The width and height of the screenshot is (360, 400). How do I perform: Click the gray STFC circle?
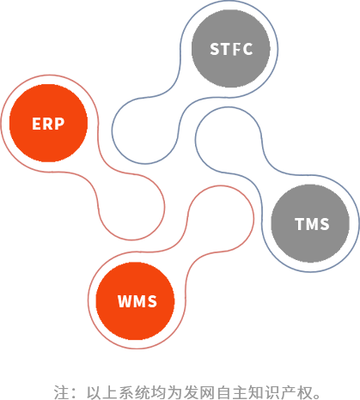pos(231,49)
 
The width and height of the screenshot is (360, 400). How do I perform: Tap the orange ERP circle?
pos(48,123)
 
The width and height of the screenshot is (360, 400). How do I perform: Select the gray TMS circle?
pos(310,223)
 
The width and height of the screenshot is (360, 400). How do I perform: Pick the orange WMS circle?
pos(135,301)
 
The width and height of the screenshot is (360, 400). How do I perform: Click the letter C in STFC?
pos(247,49)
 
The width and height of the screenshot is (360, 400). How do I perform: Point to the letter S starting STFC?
pos(215,49)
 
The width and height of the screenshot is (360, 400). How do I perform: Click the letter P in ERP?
pos(59,124)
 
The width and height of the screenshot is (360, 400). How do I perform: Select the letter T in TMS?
pos(300,224)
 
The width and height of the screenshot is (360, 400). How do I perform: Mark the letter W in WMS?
pos(125,301)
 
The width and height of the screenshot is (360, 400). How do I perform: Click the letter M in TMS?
pos(312,224)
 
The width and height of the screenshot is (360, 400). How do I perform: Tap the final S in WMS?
pos(153,301)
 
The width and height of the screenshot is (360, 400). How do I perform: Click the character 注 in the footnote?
pos(61,392)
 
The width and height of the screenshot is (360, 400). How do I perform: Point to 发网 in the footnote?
pos(199,392)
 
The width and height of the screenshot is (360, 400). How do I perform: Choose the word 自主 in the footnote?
pos(232,392)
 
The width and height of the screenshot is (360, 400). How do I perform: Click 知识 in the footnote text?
pos(264,392)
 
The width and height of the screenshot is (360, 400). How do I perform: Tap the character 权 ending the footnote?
pos(304,392)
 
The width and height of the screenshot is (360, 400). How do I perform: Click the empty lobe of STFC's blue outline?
pos(112,131)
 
